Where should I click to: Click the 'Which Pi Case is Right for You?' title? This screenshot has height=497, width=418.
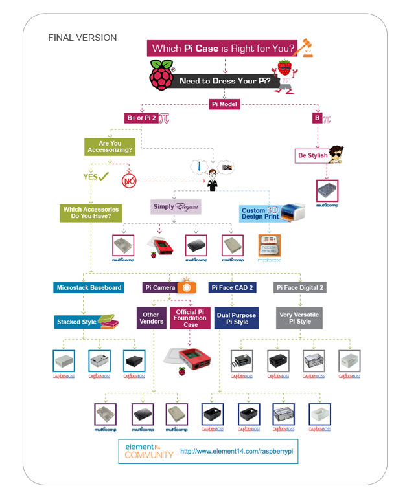224,48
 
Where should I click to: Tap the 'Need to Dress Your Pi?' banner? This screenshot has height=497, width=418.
229,82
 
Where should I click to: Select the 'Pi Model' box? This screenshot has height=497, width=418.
225,104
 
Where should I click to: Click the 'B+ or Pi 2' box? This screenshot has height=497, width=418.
141,118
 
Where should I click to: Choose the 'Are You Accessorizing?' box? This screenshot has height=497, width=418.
110,147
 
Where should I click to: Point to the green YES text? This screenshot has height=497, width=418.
91,176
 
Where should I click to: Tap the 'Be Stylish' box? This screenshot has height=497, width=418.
312,156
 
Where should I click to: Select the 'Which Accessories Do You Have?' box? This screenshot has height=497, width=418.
92,213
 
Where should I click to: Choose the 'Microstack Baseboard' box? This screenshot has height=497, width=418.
89,287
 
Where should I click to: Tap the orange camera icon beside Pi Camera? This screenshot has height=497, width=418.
188,287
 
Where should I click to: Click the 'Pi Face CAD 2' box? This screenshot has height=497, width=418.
232,287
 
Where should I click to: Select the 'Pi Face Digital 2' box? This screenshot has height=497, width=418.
299,287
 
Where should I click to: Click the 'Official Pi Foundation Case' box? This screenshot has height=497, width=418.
191,318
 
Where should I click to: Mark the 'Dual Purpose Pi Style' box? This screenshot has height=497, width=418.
237,319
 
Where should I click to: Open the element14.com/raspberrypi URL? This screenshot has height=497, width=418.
237,451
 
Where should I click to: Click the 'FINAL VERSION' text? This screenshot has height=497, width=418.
82,38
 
